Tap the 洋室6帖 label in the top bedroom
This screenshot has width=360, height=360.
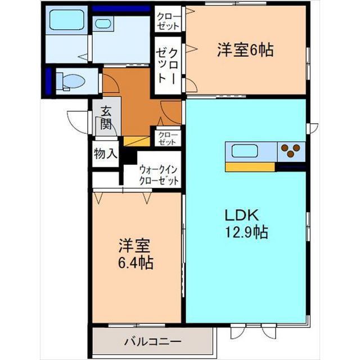pos(245,51)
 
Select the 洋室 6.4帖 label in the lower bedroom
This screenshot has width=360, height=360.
pos(135,255)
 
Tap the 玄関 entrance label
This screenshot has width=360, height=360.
pos(105,119)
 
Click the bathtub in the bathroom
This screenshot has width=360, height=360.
pos(66,21)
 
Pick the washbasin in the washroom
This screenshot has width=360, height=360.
pos(103,24)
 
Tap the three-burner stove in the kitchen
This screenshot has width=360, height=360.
pos(291,151)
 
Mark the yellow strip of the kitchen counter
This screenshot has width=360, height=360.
pos(250,166)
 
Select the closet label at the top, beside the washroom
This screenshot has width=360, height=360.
pos(168,21)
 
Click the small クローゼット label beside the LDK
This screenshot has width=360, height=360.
pos(168,138)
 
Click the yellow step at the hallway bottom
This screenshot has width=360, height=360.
pos(136,141)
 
